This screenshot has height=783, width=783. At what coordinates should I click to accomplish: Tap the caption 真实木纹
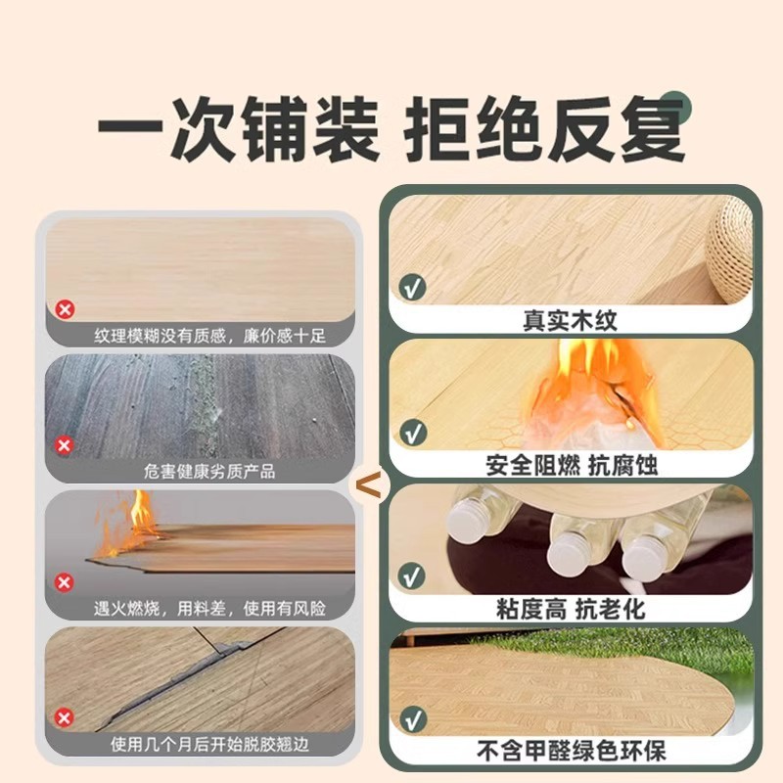tap(571, 321)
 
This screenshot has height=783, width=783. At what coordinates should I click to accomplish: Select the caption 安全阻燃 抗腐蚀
tap(572, 466)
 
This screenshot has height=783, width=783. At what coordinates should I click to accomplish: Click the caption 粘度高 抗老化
tap(571, 609)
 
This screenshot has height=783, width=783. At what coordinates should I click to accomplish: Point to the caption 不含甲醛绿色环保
tap(572, 751)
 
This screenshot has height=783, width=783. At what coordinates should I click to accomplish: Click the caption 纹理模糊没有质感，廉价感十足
tap(209, 336)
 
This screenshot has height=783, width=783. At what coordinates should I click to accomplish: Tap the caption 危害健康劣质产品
tap(209, 471)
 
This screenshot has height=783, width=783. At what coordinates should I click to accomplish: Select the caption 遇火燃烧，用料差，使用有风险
tap(209, 608)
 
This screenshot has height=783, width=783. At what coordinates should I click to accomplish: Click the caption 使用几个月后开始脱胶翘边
tap(209, 744)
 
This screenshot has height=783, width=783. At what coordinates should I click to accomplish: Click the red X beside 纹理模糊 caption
tap(65, 309)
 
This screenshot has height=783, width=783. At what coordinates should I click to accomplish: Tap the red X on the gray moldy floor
tap(64, 445)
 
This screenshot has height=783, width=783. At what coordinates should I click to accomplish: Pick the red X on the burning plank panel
tap(64, 582)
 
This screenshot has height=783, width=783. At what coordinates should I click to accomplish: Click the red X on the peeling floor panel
tap(64, 718)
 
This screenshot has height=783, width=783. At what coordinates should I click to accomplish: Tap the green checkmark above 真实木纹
tap(412, 288)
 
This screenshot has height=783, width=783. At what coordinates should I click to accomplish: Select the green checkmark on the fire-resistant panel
tap(413, 433)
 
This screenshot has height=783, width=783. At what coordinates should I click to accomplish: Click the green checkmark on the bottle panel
tap(412, 576)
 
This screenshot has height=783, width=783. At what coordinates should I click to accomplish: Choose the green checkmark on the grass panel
tap(413, 719)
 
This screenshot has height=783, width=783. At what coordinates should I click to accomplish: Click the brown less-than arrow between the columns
tap(370, 484)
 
